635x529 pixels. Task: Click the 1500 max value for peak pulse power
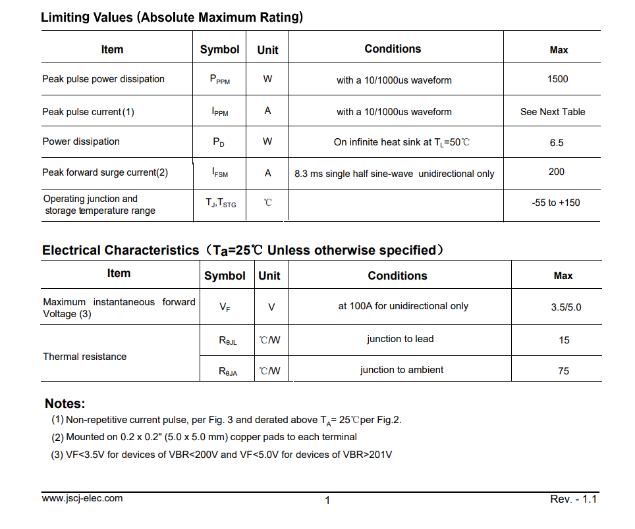557,79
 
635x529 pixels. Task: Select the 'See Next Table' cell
553,112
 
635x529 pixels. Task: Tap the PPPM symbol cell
219,80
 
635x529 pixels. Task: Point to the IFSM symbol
220,173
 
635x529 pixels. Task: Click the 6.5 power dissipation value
557,143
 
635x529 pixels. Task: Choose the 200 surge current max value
557,172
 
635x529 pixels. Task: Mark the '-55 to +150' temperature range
556,203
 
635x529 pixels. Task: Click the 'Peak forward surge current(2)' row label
105,172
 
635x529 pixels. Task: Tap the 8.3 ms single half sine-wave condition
395,174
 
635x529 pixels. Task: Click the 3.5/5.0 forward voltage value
566,307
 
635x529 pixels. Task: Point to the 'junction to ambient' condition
402,370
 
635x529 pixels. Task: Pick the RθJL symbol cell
228,341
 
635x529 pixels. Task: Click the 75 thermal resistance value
563,371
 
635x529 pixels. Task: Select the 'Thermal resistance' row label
85,357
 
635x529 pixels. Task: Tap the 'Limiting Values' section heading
172,17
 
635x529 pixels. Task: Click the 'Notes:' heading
65,403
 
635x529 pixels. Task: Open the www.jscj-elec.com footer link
82,498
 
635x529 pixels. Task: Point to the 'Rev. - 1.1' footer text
573,499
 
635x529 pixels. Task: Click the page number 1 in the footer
327,501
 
